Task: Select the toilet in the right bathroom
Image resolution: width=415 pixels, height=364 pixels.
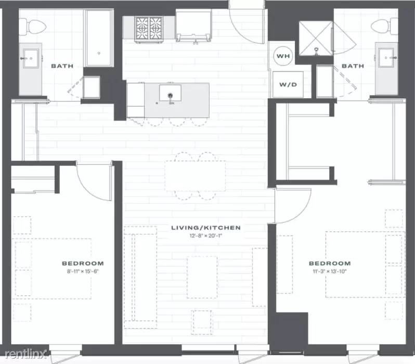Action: [380, 25]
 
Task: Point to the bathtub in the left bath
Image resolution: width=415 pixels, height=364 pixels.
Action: [97, 44]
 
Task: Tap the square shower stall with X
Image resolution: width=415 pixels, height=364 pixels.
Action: [315, 38]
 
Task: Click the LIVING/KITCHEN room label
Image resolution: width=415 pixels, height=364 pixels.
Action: [206, 228]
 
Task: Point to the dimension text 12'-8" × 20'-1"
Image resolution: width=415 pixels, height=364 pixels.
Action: [206, 236]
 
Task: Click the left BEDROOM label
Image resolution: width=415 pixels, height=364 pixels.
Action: [83, 263]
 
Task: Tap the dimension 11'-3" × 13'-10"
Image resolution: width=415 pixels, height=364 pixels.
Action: [330, 271]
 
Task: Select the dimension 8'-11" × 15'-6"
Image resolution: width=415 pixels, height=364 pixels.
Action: [83, 271]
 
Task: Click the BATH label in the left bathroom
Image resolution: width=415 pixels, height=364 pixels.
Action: [62, 66]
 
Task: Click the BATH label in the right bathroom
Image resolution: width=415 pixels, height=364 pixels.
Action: [353, 66]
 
